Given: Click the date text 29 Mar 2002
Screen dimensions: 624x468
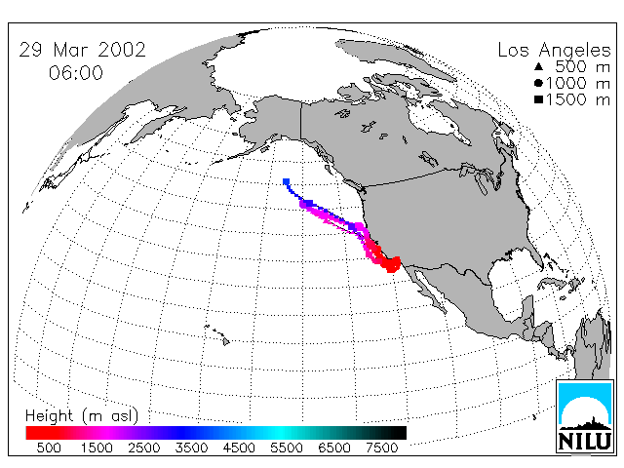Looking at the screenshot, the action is (x=82, y=50).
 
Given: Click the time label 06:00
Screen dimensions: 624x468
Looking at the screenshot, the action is (x=76, y=73).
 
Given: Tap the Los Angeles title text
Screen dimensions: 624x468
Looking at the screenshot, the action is (x=555, y=51).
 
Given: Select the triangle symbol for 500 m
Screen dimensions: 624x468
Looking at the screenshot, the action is (x=539, y=66).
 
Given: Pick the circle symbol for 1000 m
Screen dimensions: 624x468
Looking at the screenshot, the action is (x=539, y=83).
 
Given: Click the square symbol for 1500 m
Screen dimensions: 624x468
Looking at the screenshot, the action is (x=539, y=99).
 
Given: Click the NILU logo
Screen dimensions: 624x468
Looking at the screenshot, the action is (x=585, y=416).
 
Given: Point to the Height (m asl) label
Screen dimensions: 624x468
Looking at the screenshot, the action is (x=82, y=416).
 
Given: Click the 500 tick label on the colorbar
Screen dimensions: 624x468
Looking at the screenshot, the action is (x=49, y=448).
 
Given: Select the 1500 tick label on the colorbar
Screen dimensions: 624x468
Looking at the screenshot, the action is (x=97, y=448).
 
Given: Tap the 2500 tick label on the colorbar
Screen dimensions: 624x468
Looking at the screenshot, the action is (x=144, y=448).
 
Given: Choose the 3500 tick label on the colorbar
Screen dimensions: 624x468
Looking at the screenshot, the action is (x=191, y=448).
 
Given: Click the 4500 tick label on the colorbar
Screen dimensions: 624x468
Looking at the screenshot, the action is (x=239, y=448).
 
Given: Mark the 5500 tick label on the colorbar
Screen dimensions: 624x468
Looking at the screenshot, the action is (x=287, y=448).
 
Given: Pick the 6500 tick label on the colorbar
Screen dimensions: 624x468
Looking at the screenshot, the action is (x=334, y=448).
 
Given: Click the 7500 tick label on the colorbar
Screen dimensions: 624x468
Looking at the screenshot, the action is (x=381, y=448).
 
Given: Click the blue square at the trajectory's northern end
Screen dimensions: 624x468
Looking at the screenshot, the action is (x=286, y=182).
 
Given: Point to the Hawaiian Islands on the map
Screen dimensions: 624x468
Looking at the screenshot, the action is (x=217, y=334).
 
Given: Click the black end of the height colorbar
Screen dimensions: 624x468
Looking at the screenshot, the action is (x=398, y=433).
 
